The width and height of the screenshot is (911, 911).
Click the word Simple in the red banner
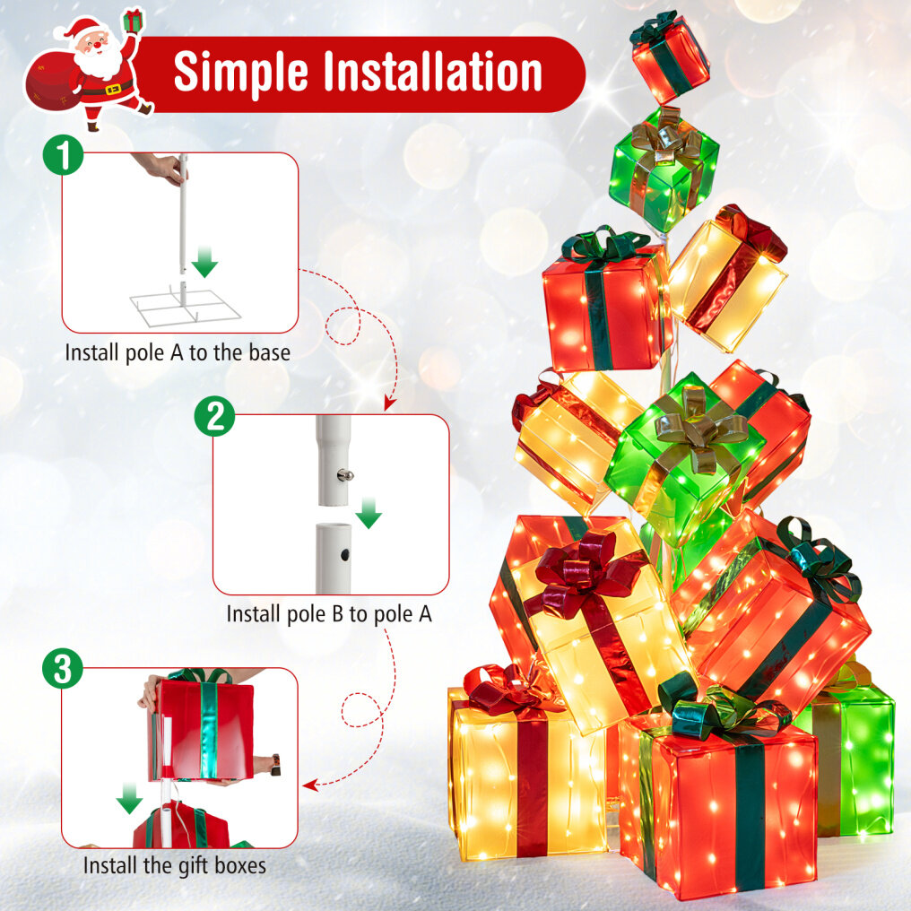pos(240,73)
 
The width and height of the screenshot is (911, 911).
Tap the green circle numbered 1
pos(64,155)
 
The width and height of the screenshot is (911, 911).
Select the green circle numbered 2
pos(214,417)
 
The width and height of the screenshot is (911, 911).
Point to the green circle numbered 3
pos(63,669)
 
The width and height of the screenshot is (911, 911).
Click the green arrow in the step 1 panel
pos(204,262)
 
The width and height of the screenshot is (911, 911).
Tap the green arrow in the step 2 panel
pos(369,513)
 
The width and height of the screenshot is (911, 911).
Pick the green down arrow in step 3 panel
pos(129,798)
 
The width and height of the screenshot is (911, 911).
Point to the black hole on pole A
pos(345,555)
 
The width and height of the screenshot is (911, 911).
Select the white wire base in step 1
pos(186,305)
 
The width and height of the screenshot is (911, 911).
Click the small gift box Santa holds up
pos(133,21)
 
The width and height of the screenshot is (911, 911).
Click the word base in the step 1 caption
pos(270,352)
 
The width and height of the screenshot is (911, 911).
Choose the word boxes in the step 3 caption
pos(238,865)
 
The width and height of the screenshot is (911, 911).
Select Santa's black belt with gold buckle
pos(108,90)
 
